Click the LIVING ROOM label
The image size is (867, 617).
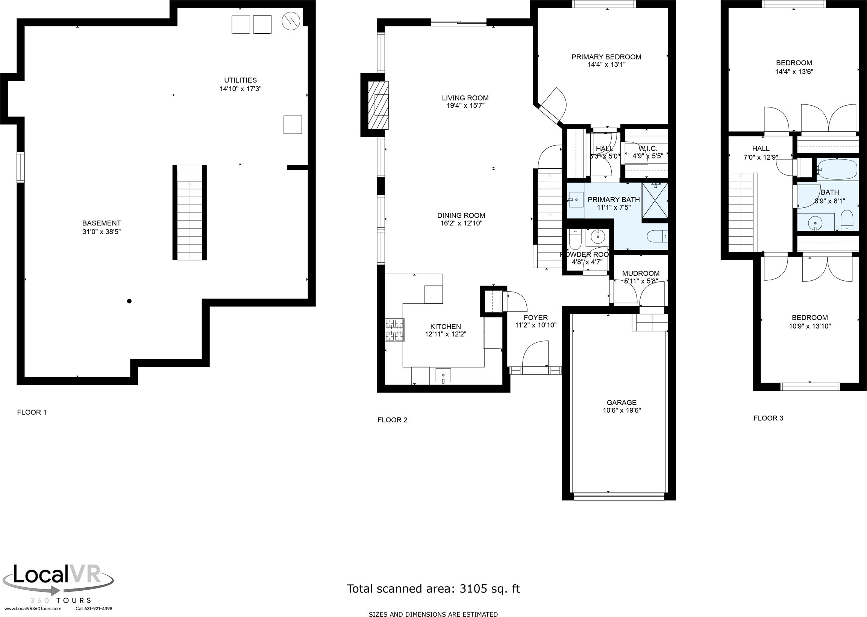(465, 98)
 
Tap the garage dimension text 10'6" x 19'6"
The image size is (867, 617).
(621, 410)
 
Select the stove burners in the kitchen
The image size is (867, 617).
(394, 330)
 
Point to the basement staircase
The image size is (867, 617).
(189, 213)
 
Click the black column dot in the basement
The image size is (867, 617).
(129, 301)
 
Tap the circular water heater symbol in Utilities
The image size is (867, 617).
(291, 22)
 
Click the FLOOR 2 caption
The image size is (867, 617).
(392, 420)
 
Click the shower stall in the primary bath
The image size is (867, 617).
(655, 201)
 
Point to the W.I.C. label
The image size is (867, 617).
(648, 148)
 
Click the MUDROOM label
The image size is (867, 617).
(640, 273)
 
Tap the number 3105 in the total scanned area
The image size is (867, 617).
(473, 588)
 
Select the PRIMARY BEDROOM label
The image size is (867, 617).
(606, 57)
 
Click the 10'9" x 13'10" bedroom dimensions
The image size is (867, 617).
(809, 326)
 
